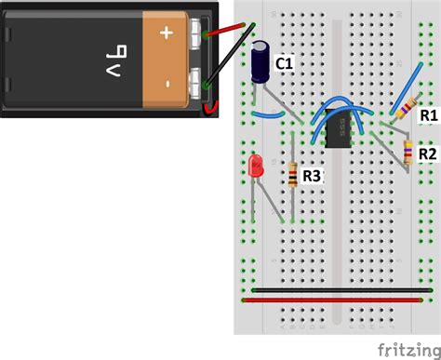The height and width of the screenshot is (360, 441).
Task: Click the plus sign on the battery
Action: [167, 33]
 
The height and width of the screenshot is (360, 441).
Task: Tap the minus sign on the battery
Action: [167, 84]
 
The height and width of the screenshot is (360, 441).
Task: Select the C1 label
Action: [285, 63]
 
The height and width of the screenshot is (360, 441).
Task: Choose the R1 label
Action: [428, 114]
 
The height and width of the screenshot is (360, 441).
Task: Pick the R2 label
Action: [428, 153]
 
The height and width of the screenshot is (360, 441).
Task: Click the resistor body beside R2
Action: [408, 151]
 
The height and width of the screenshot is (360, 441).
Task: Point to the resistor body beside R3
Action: [294, 175]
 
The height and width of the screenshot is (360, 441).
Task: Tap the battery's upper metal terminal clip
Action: [194, 34]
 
